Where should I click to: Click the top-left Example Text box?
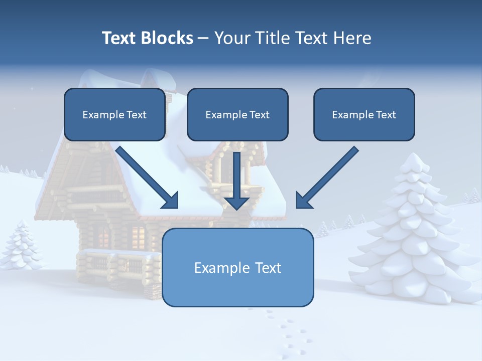click(114, 115)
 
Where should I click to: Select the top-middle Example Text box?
click(237, 115)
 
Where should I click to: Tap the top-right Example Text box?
click(364, 115)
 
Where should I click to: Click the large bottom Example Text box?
click(237, 268)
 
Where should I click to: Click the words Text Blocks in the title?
click(147, 38)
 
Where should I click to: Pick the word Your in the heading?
click(232, 38)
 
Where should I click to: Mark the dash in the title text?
click(203, 38)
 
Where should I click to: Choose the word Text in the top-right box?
click(386, 115)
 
